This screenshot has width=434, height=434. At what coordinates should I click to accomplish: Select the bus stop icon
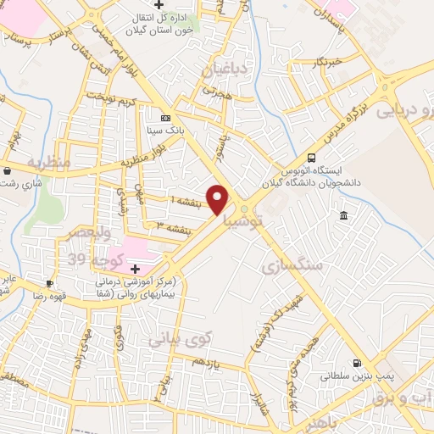(312, 158)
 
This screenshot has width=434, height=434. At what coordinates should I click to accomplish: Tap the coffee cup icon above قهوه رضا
(49, 283)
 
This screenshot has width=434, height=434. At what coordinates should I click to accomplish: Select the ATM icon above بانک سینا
(165, 118)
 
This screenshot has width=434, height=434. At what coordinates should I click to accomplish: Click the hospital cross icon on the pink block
(135, 267)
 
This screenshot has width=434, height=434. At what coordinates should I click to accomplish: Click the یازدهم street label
(205, 361)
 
